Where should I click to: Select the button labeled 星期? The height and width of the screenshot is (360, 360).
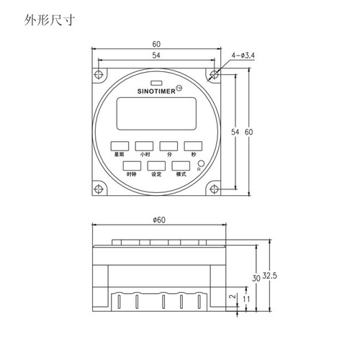pyautogui.click(x=120, y=145)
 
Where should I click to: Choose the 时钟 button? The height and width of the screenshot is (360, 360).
pyautogui.click(x=130, y=166)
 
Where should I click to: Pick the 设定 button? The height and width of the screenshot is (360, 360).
pyautogui.click(x=155, y=166)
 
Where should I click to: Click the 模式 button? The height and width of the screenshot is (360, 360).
pyautogui.click(x=180, y=166)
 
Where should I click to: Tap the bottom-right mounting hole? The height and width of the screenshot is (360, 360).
pyautogui.click(x=213, y=189)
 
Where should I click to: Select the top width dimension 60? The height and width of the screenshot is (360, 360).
pyautogui.click(x=156, y=43)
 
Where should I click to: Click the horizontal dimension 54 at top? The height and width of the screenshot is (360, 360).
pyautogui.click(x=156, y=55)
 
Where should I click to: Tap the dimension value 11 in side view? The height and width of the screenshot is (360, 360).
pyautogui.click(x=247, y=298)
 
